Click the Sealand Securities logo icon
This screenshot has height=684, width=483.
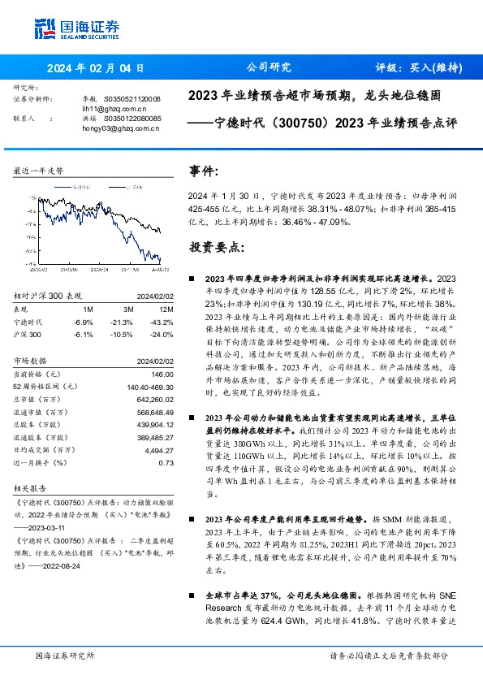point(45,29)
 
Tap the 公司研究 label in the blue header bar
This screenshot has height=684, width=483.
point(269,68)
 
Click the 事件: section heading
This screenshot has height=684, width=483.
point(203,172)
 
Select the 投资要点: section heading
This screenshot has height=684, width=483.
point(215,246)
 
